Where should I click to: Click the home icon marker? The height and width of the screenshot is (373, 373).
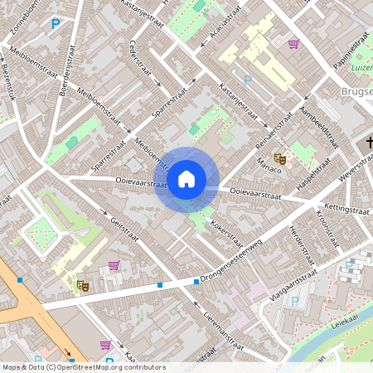coord(186,179)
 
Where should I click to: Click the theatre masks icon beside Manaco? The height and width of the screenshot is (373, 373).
coord(280,156)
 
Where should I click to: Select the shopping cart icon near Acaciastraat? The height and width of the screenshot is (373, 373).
coord(293,44)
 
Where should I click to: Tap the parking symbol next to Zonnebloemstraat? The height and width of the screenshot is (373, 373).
coord(56,23)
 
